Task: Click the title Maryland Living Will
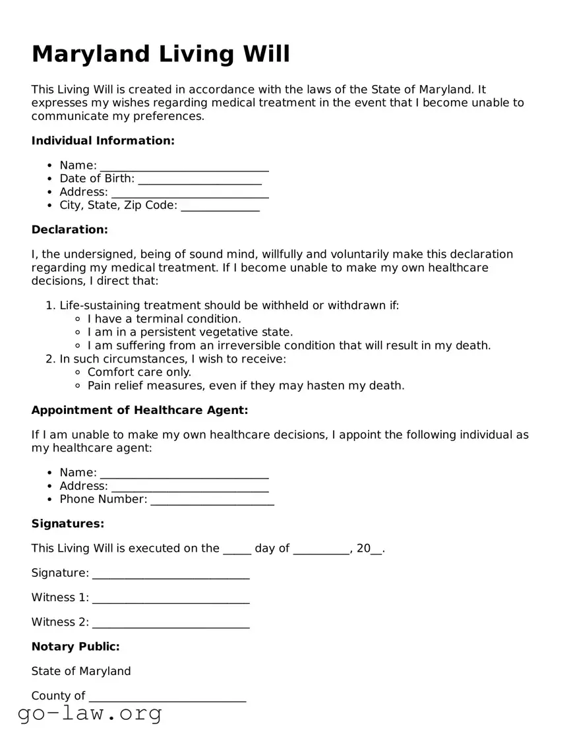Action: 160,54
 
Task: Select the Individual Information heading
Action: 103,140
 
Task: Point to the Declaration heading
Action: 69,229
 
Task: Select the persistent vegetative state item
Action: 190,332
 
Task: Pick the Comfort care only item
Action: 139,372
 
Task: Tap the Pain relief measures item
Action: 246,386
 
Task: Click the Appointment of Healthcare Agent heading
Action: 140,410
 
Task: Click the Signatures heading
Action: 68,523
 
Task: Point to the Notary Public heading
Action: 76,647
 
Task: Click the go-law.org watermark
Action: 90,713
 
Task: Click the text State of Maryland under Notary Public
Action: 81,671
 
